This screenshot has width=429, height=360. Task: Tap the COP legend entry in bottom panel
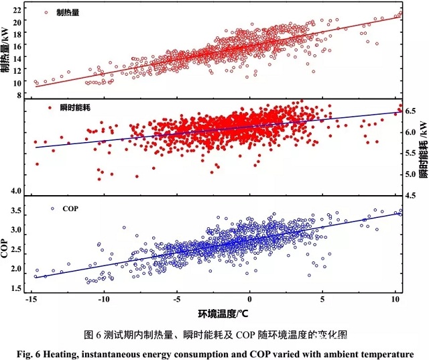(x=69, y=208)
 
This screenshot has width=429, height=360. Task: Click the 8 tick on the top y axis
(x=19, y=95)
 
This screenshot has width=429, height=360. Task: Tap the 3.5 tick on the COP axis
(x=17, y=211)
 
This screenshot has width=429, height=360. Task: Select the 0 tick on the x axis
(x=250, y=300)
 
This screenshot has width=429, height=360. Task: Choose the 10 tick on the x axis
(x=395, y=300)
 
